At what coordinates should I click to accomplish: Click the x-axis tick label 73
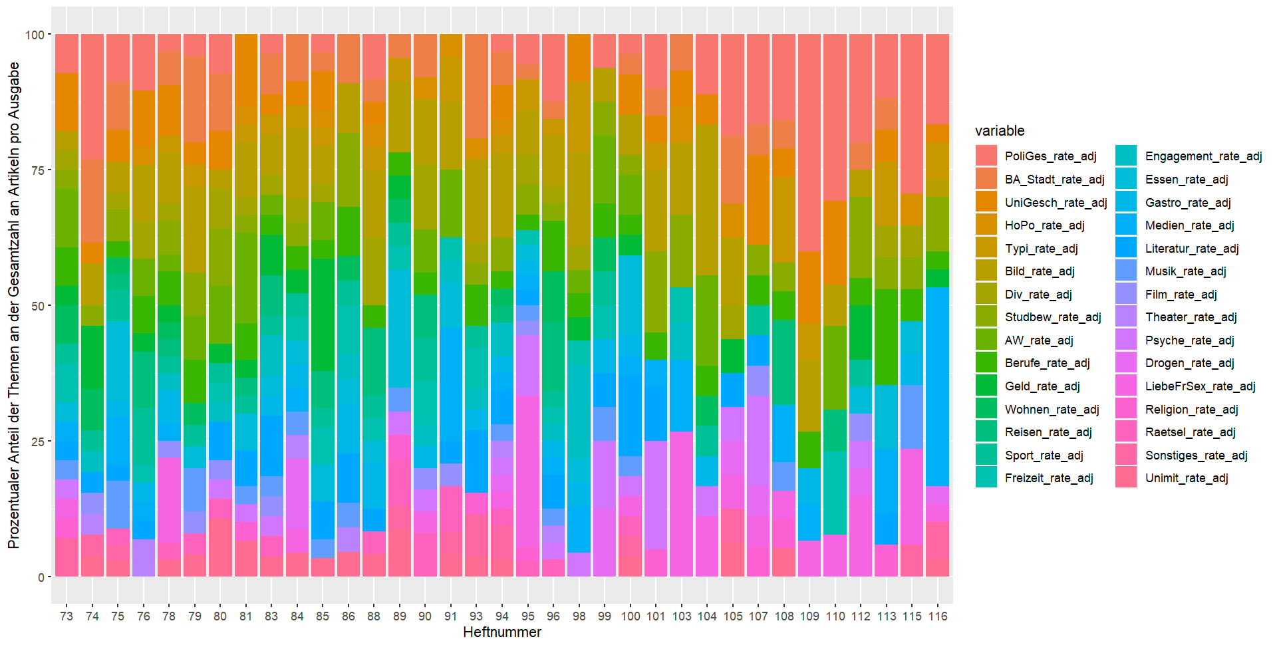(67, 616)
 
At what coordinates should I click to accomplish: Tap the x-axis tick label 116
(938, 616)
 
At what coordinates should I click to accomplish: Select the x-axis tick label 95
(528, 616)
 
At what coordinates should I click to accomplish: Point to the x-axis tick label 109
(809, 616)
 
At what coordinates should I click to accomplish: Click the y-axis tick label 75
(37, 170)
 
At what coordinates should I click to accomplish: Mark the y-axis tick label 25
(37, 442)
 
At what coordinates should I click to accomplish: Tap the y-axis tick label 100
(34, 35)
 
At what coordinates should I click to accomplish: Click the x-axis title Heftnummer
(502, 632)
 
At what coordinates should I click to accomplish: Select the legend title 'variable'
(1000, 131)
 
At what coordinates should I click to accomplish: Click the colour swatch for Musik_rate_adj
(1126, 271)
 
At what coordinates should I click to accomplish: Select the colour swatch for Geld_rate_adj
(986, 386)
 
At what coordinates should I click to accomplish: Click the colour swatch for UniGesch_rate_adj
(986, 202)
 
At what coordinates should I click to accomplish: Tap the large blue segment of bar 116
(938, 386)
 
